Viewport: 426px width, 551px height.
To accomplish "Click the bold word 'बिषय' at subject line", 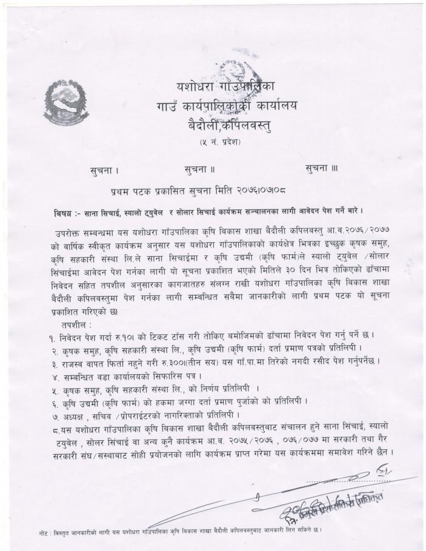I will [x=62, y=214].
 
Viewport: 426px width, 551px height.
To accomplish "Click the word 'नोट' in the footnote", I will [x=41, y=531].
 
